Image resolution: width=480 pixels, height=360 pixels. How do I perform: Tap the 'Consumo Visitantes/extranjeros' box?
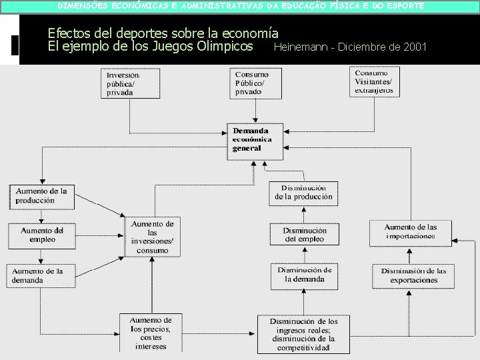click(x=375, y=82)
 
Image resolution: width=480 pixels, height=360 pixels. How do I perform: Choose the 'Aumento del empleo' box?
click(x=41, y=235)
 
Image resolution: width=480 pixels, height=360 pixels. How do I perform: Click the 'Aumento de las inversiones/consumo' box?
click(x=153, y=237)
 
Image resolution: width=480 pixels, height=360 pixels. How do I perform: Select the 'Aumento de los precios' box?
click(x=155, y=333)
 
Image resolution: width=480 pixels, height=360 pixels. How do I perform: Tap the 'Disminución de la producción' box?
click(x=303, y=193)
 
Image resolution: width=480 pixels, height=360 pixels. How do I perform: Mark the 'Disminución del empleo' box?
click(x=304, y=235)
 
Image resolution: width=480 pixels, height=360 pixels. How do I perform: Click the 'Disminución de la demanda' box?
click(x=304, y=275)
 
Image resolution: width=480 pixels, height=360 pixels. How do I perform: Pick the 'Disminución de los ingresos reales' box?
click(x=303, y=334)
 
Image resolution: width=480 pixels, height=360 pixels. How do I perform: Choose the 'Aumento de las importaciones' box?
click(x=410, y=232)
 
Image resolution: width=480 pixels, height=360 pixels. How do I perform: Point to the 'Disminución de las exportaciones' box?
click(x=413, y=275)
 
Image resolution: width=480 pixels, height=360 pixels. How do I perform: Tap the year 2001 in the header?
click(x=413, y=47)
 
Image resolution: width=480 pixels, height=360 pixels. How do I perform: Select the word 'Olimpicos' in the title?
click(x=222, y=46)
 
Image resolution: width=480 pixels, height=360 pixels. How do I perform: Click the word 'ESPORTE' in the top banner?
click(x=402, y=5)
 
